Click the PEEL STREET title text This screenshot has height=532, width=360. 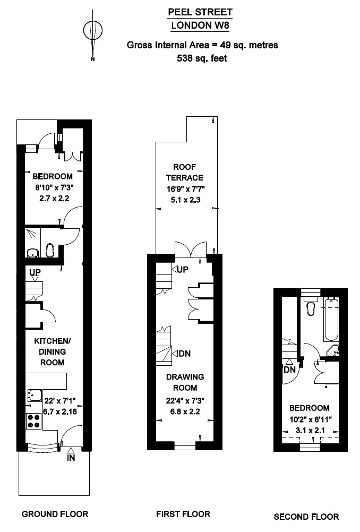pos(201,13)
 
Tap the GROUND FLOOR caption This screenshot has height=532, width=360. pos(55,514)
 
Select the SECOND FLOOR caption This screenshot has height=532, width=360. pos(306,517)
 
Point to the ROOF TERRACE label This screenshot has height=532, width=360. pos(185,173)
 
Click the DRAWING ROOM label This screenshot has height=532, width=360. pos(185,382)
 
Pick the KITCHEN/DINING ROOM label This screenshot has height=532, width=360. pos(52,352)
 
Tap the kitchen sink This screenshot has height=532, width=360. pos(35,395)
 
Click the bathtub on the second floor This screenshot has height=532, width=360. pos(331,320)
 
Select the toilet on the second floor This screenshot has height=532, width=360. pos(311,305)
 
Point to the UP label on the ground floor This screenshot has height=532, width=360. pos(35,272)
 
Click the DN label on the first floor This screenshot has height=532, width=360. pos(185,354)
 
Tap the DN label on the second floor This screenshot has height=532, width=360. pos(289,370)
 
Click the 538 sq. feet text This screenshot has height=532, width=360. pos(202,58)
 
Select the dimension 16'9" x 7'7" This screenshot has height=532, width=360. pos(186,189)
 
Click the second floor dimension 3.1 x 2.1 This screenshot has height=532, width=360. pos(310,431)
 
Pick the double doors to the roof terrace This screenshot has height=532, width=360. pos(190,250)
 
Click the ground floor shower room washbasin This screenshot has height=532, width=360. pos(33,253)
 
